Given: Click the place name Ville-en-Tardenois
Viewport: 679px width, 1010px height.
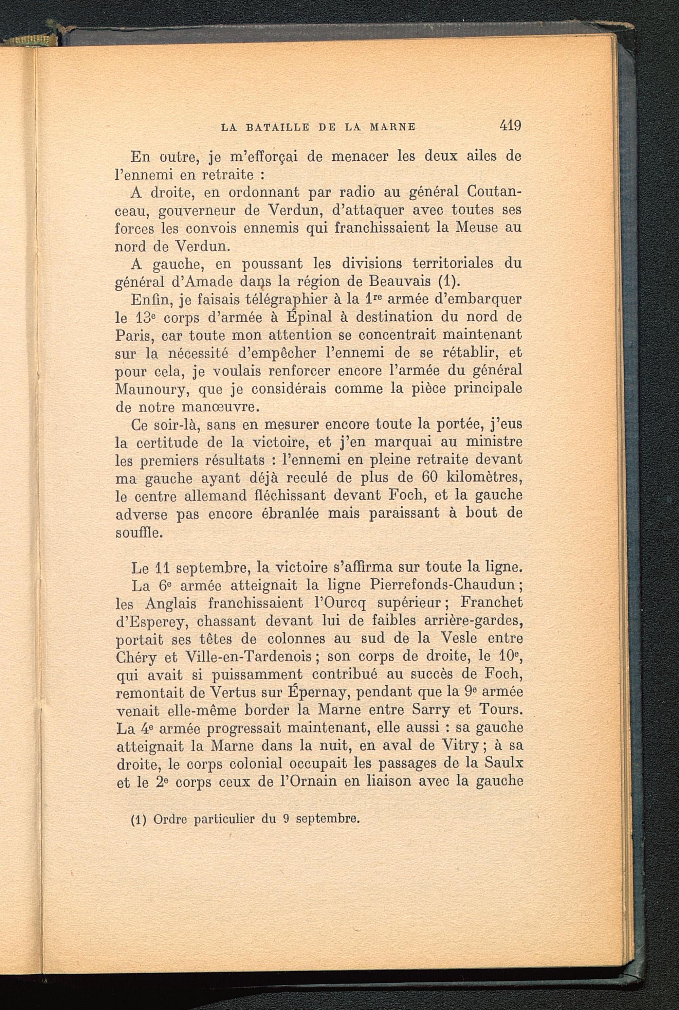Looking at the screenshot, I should [249, 657].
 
